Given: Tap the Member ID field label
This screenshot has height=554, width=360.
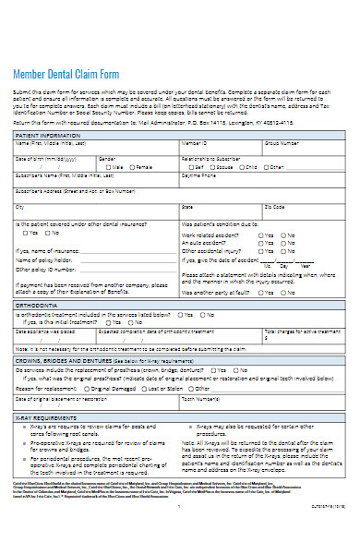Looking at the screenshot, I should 194,144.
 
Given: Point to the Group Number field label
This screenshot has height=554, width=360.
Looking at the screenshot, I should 281,144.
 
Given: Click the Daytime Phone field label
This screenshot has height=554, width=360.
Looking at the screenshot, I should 198,175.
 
